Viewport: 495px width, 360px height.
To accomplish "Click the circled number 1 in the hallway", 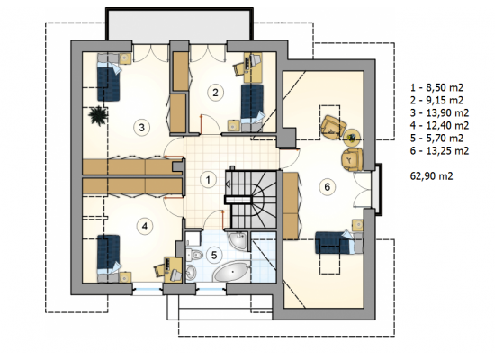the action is (208, 180).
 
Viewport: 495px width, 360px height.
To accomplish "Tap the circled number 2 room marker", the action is (215, 93).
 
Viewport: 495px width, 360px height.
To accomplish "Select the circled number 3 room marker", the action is (141, 128).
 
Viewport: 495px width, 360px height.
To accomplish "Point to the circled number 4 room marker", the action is (145, 226).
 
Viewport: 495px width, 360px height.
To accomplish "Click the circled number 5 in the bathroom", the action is (214, 255).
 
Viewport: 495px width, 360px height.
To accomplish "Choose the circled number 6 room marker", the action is (328, 187).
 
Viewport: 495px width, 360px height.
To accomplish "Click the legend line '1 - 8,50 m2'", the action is (436, 87).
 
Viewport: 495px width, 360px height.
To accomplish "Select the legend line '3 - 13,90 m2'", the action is (439, 112).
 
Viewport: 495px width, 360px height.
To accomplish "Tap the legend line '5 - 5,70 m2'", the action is (436, 138).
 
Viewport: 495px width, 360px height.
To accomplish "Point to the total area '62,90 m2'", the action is (431, 175).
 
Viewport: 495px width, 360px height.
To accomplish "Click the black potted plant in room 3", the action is (98, 116).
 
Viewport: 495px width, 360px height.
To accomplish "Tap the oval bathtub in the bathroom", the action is (232, 272).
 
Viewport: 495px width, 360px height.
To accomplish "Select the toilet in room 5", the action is (194, 254).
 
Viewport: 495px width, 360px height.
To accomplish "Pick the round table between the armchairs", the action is (351, 137).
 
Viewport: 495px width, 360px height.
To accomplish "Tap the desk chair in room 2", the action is (239, 68).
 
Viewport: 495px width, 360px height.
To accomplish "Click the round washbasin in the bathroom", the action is (191, 271).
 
